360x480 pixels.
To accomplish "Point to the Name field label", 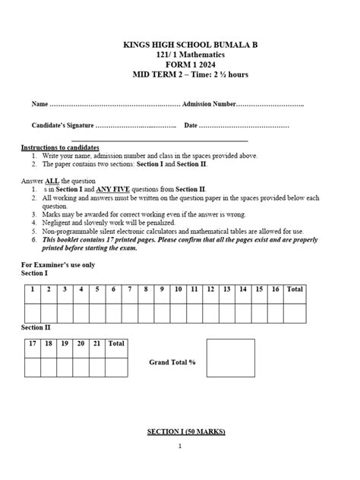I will pos(39,103).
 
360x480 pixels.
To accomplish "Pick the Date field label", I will pos(191,125).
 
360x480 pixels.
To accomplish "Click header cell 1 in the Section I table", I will pos(32,289).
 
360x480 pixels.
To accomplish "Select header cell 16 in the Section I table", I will pos(275,289).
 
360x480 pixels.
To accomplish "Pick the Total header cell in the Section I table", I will pos(295,289).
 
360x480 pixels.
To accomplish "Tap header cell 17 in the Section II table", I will pos(32,344).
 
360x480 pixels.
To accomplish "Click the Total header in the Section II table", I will pos(116,344).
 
